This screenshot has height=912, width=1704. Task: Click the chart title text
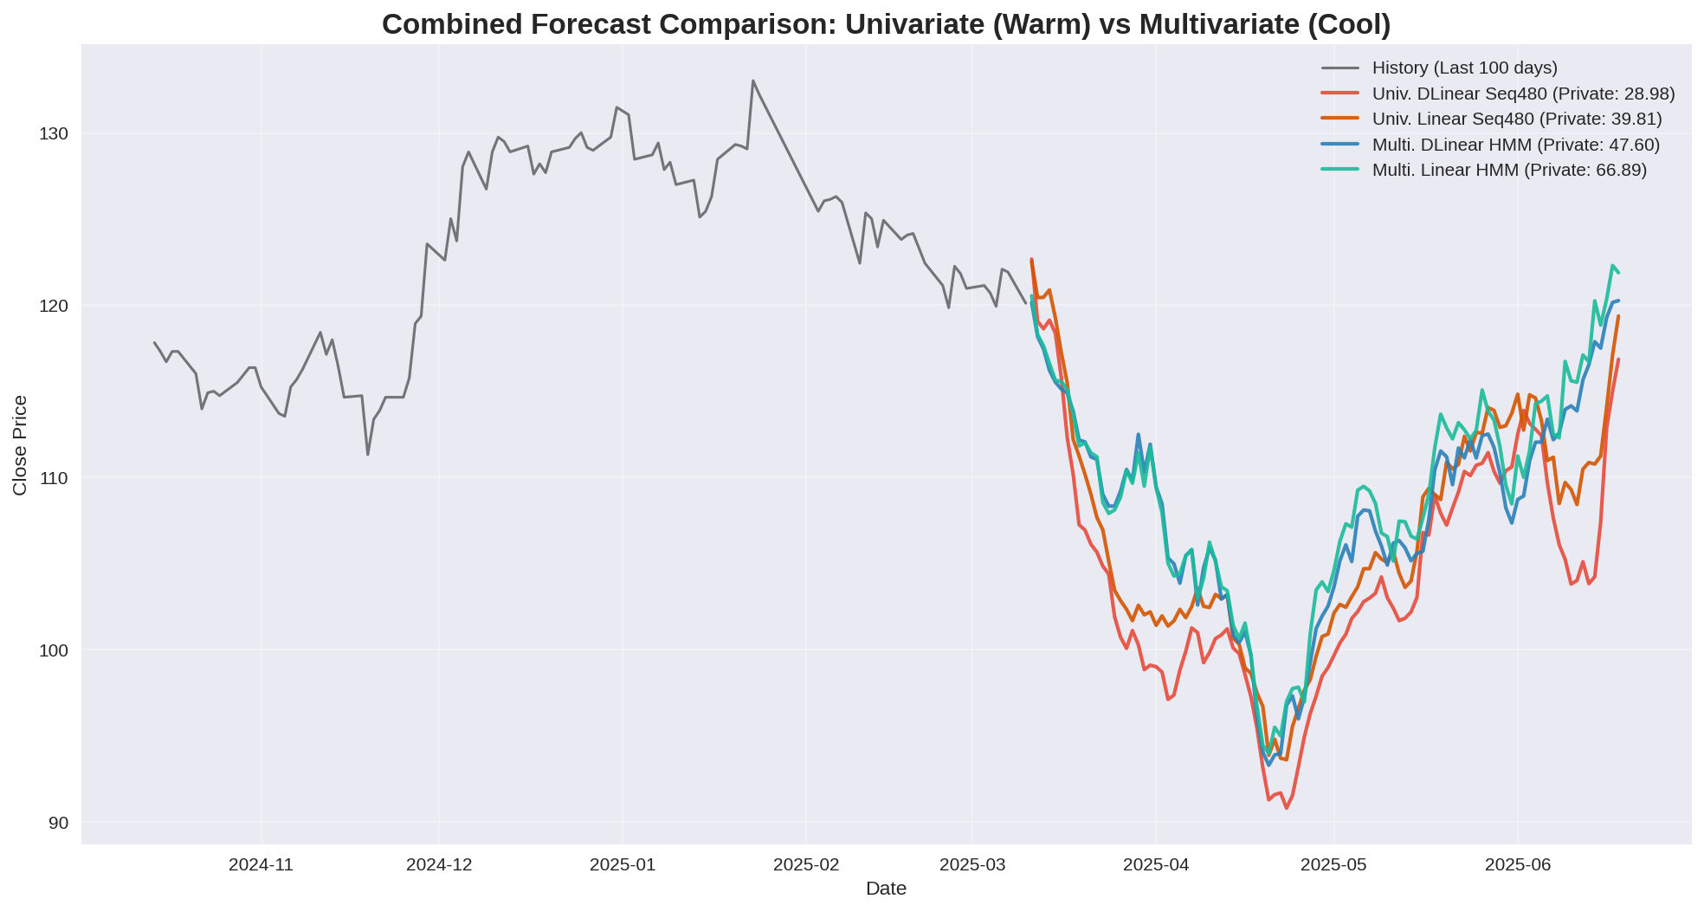pos(886,24)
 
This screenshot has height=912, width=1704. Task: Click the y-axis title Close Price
pos(20,445)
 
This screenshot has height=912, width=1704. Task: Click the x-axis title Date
pos(886,889)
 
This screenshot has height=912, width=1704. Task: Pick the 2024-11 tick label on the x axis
pos(261,864)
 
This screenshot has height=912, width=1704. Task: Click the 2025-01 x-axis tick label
pos(622,864)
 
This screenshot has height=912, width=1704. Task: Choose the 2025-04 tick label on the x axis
pos(1155,864)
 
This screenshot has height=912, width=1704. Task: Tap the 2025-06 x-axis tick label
pos(1516,864)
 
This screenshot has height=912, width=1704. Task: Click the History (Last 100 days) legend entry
pos(1464,68)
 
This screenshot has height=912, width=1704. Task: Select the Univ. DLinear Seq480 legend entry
pos(1523,94)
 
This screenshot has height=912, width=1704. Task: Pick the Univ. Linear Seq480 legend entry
pos(1517,119)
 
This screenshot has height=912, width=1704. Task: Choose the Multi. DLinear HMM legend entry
pos(1516,145)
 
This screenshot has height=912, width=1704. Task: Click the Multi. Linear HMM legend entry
pos(1509,170)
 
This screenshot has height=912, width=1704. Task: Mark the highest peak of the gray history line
pos(752,81)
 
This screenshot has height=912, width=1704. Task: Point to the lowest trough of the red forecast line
pos(1286,808)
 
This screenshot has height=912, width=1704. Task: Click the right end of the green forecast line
pos(1618,273)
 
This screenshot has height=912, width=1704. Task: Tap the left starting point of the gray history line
pos(154,342)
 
